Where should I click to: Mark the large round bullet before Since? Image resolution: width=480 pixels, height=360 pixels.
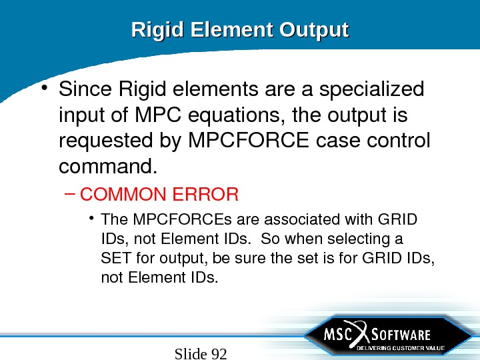click(44, 87)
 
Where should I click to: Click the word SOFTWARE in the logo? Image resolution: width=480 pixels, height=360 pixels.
click(399, 334)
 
